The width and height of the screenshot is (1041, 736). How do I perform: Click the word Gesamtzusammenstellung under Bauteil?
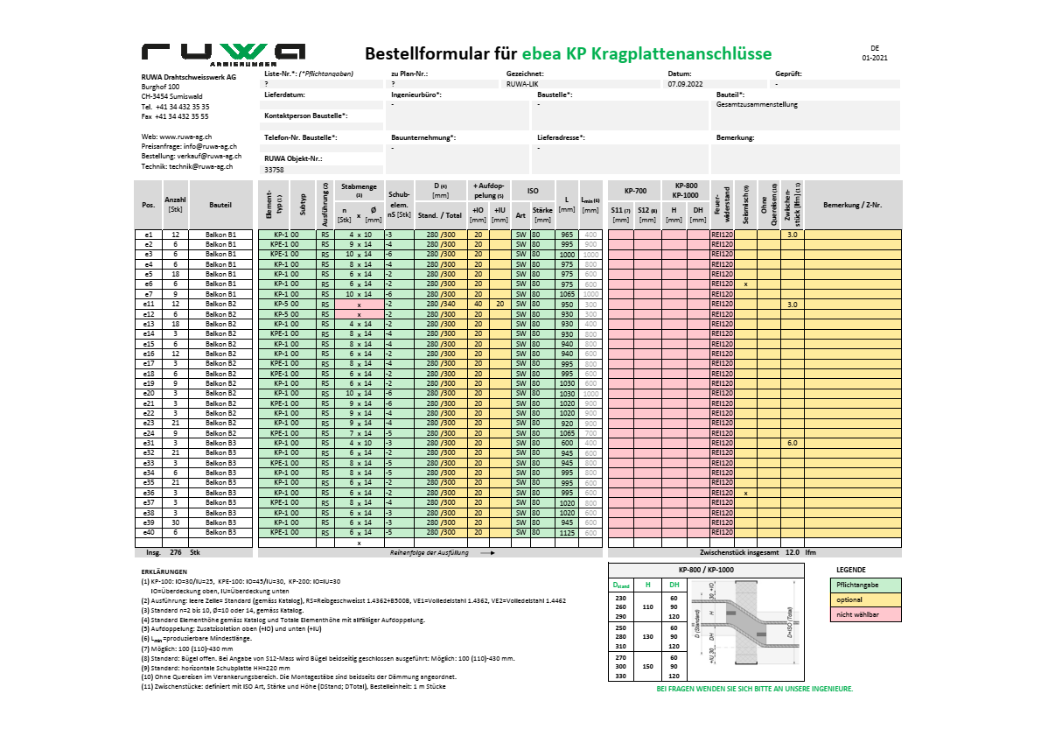click(x=756, y=104)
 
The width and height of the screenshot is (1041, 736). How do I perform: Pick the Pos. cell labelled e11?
click(x=149, y=304)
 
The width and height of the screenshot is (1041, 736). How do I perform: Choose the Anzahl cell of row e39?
click(x=175, y=522)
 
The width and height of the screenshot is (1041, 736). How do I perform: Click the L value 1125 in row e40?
click(x=567, y=532)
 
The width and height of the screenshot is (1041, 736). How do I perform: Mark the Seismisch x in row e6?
click(x=745, y=284)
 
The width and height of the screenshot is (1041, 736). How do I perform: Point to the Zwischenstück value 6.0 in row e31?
click(x=792, y=443)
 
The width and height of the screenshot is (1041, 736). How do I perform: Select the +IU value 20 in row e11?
click(x=499, y=304)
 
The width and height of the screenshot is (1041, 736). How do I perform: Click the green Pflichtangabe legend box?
click(x=864, y=585)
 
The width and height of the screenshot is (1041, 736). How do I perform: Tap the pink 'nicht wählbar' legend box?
click(x=864, y=615)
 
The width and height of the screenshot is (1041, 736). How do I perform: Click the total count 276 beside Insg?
click(x=175, y=553)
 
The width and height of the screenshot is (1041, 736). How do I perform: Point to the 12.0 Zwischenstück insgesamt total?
click(x=792, y=553)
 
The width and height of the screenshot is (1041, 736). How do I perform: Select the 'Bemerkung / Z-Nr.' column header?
click(x=852, y=205)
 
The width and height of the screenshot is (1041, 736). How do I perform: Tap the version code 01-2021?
click(x=874, y=58)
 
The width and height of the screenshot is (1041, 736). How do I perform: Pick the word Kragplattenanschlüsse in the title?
click(x=681, y=53)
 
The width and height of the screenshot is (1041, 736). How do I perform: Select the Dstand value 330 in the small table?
click(x=620, y=676)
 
